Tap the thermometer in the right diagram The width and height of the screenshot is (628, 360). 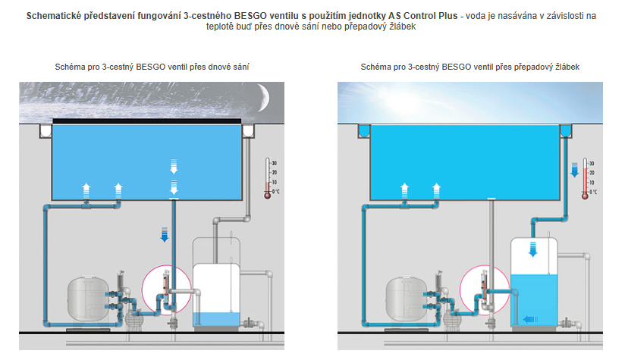coord(584,179)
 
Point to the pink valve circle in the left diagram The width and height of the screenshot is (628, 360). coord(163,287)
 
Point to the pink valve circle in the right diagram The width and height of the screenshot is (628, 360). coord(480,287)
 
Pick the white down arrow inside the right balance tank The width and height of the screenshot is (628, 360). coord(533,251)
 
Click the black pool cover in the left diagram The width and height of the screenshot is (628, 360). coord(147,121)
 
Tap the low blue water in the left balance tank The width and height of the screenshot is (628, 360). coord(217,318)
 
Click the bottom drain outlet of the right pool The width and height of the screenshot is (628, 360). coord(491,201)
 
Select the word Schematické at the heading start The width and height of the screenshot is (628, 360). coord(58,15)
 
